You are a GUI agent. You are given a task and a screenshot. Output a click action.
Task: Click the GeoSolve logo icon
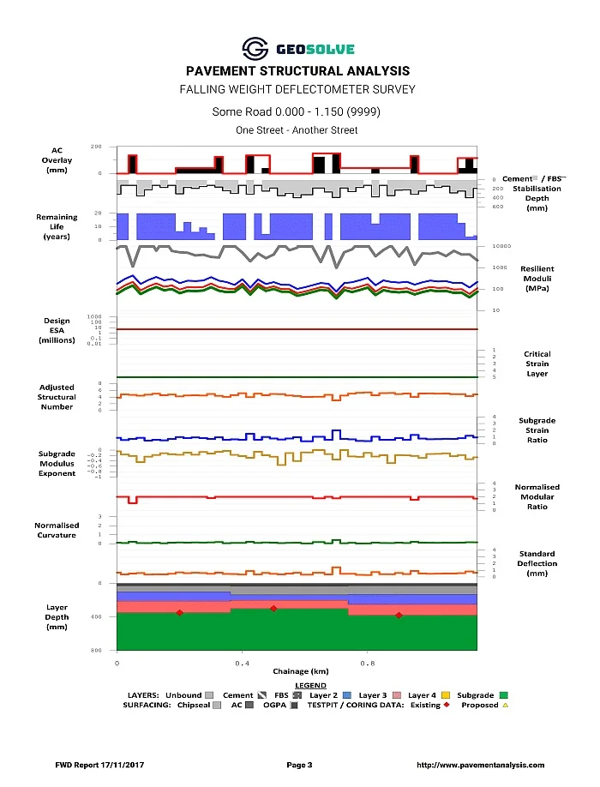(255, 49)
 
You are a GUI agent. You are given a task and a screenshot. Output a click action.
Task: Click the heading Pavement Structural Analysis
(297, 71)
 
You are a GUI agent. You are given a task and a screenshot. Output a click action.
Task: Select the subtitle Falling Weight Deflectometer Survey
(297, 89)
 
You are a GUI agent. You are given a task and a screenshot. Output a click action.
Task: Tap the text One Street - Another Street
(297, 130)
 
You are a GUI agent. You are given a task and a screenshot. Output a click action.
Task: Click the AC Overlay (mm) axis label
(57, 160)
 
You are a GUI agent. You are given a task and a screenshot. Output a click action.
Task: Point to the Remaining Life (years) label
(57, 226)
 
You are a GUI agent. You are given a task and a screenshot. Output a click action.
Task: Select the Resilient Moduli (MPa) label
(537, 279)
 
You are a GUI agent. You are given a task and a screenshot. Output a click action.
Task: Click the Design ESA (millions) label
(57, 330)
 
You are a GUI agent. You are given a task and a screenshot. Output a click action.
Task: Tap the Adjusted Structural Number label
(57, 397)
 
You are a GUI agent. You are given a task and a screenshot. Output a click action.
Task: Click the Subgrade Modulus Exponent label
(57, 463)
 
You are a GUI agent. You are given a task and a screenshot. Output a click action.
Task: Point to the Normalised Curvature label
(57, 530)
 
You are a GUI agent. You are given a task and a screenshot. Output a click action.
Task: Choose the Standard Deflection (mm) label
(537, 563)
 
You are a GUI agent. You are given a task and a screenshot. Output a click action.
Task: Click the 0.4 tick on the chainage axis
(243, 663)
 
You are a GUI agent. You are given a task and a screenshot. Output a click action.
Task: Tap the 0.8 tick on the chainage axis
(368, 663)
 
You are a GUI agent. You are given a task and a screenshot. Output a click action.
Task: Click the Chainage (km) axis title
(297, 672)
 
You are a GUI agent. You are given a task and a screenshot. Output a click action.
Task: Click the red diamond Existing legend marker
(447, 706)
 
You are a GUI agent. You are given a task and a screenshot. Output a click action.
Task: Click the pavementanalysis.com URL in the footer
(480, 765)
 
